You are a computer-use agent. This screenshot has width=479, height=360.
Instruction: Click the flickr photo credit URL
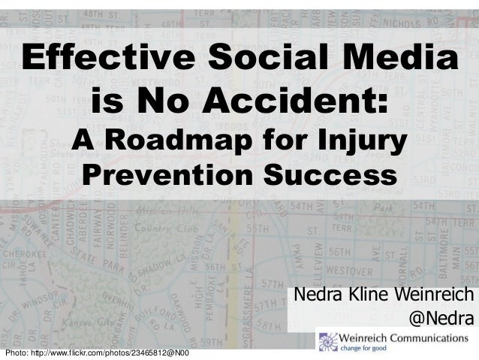pyautogui.click(x=97, y=353)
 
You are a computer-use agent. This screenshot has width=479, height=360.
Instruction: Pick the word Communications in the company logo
pyautogui.click(x=431, y=337)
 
